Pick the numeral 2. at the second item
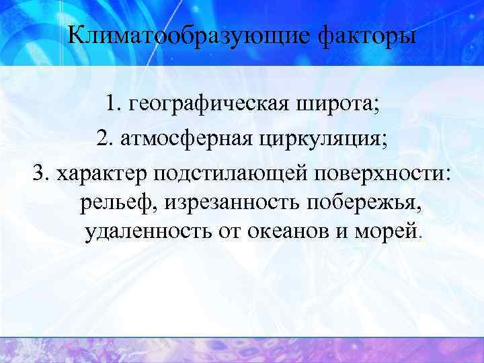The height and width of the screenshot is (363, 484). (104, 138)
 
